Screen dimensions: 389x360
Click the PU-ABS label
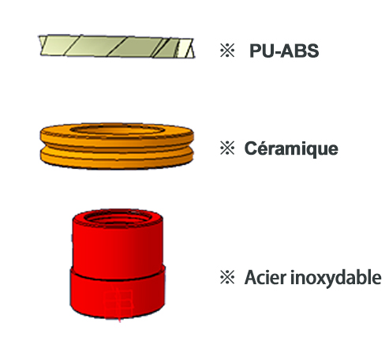(x=284, y=51)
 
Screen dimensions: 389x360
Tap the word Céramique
(x=291, y=149)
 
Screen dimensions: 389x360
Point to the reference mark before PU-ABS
(x=227, y=51)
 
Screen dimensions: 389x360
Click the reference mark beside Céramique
(x=227, y=148)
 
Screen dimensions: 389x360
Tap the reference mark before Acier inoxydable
(x=227, y=277)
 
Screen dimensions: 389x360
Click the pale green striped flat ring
(x=117, y=47)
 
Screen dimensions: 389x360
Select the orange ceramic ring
(x=117, y=146)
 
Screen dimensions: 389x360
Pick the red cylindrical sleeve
(x=118, y=264)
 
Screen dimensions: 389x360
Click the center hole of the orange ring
(x=118, y=129)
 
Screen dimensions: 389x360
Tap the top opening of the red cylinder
(x=118, y=218)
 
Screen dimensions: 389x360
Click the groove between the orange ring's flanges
(x=117, y=150)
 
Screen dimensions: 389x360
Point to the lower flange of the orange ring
(x=117, y=159)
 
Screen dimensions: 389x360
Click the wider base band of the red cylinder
(x=118, y=294)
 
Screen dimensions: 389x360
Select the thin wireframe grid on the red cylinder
(x=118, y=303)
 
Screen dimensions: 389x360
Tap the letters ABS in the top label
(x=300, y=51)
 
